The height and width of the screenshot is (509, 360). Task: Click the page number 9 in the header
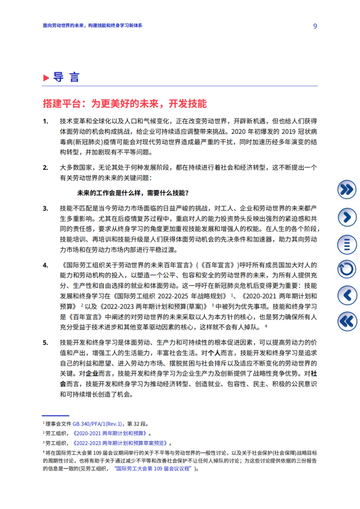pyautogui.click(x=315, y=26)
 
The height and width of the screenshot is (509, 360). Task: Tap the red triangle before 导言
pyautogui.click(x=46, y=77)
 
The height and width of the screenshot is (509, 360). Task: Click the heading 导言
pyautogui.click(x=66, y=77)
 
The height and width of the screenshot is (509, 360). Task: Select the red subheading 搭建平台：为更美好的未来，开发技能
pyautogui.click(x=125, y=103)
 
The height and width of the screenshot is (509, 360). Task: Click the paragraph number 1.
pyautogui.click(x=45, y=121)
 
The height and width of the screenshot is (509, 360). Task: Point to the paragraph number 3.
pyautogui.click(x=45, y=208)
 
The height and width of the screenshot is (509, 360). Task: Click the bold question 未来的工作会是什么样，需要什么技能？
pyautogui.click(x=133, y=193)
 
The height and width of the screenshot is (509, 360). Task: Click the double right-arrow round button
pyautogui.click(x=347, y=190)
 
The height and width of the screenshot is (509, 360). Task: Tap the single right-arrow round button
pyautogui.click(x=347, y=216)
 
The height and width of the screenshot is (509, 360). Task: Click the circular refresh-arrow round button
pyautogui.click(x=347, y=269)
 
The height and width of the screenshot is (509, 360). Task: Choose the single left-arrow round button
pyautogui.click(x=347, y=295)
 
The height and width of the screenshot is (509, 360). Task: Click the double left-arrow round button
pyautogui.click(x=347, y=321)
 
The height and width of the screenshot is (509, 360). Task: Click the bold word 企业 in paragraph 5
pyautogui.click(x=78, y=373)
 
